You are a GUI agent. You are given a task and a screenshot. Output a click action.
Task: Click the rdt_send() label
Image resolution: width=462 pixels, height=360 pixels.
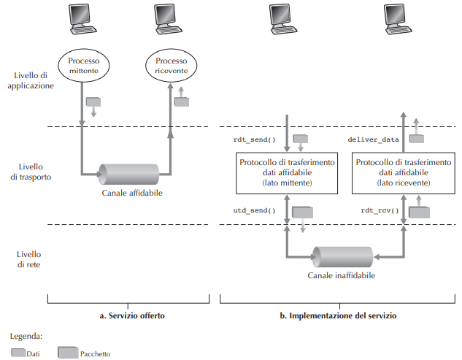click(x=250, y=138)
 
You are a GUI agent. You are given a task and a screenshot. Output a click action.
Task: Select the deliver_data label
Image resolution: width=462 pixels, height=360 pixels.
click(x=373, y=138)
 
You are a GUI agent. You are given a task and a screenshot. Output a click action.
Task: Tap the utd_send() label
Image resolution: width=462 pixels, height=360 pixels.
click(x=250, y=210)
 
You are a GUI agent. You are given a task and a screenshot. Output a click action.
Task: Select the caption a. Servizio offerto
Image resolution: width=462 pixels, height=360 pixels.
click(x=131, y=316)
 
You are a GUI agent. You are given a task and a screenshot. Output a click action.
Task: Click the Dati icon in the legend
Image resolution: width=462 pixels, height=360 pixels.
click(x=18, y=353)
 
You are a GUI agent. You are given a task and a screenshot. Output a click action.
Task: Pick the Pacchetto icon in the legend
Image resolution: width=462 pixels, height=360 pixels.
click(x=67, y=353)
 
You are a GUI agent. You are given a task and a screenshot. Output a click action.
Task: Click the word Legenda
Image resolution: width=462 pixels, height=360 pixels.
click(x=27, y=337)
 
